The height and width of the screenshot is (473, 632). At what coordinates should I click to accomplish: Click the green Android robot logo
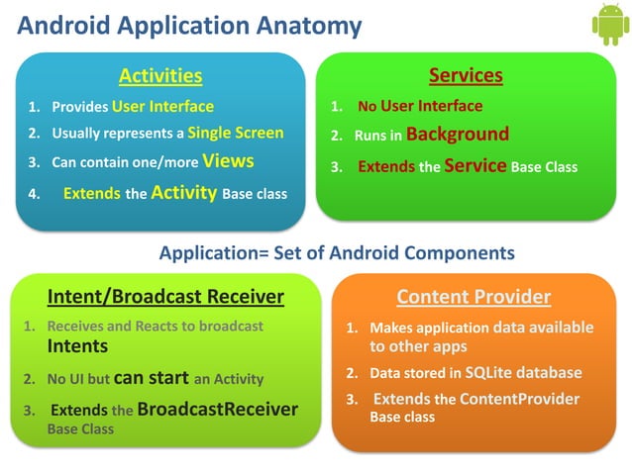pos(609,25)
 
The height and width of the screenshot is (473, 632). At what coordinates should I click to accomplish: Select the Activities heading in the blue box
pos(160,75)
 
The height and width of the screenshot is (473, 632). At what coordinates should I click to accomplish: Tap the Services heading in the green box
pos(466,75)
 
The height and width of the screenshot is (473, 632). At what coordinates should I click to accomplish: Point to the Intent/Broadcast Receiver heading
pos(165,296)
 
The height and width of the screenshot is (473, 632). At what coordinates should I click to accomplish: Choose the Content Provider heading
pos(474,296)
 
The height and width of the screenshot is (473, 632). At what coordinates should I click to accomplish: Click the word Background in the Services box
pos(457,135)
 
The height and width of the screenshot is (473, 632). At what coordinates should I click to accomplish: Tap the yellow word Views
pos(228,160)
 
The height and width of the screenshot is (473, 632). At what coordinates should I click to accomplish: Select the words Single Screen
pos(236,133)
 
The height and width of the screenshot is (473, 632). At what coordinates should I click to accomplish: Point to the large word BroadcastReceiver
pos(217,409)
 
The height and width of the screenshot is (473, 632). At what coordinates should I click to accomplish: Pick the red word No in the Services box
pos(367,107)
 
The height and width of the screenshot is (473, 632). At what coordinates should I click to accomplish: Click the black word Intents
pos(77,346)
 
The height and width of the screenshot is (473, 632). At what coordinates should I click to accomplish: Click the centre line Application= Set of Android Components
pos(337,253)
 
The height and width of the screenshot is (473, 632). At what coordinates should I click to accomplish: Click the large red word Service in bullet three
pos(475,166)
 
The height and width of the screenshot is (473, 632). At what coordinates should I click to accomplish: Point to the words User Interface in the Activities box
pos(162,106)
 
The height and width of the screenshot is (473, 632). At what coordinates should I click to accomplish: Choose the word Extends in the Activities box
pos(91,194)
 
